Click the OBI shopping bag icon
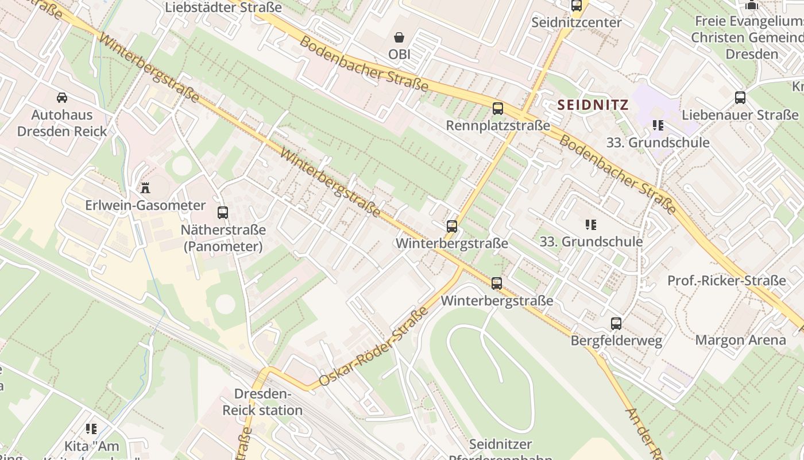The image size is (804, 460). click(x=399, y=38)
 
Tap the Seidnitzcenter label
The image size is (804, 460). click(x=576, y=22)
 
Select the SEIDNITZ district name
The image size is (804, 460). click(x=593, y=105)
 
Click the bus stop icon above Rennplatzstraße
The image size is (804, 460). click(x=498, y=108)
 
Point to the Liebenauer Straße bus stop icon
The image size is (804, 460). click(x=740, y=98)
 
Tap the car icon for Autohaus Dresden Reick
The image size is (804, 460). click(x=62, y=97)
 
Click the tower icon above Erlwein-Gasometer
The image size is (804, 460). click(x=145, y=187)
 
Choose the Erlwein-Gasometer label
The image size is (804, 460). click(x=145, y=205)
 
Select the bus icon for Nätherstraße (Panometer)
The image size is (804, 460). click(x=223, y=213)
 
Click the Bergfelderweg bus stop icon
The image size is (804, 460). click(x=616, y=324)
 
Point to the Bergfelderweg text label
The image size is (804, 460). click(x=616, y=340)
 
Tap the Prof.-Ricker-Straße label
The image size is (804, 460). click(x=726, y=281)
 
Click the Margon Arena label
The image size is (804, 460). click(x=740, y=340)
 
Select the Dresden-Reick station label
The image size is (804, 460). click(x=262, y=402)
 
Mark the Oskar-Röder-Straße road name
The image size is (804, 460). click(x=373, y=347)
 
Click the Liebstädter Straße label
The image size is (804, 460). click(x=223, y=7)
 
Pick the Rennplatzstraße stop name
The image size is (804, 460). click(x=498, y=125)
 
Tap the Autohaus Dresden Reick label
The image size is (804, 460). click(x=62, y=123)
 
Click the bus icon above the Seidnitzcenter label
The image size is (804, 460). click(x=577, y=6)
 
